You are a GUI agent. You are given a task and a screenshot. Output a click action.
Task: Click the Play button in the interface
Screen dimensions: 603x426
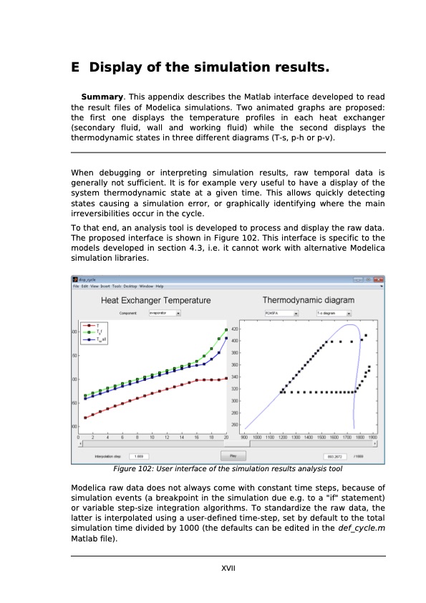coord(233,455)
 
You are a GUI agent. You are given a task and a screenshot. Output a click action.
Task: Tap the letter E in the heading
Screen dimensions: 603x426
coord(75,68)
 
